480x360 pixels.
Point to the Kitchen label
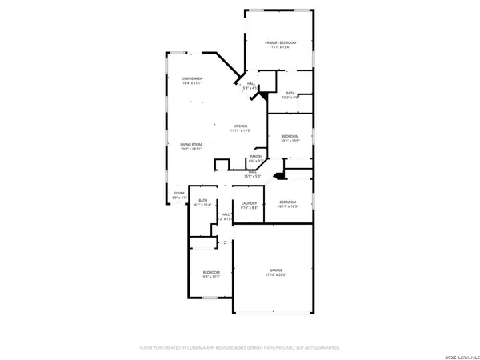(x=241, y=126)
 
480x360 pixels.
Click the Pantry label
(x=258, y=156)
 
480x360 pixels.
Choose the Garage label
(x=275, y=270)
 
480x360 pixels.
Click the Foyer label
(x=180, y=193)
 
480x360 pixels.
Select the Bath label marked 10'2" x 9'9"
(x=291, y=94)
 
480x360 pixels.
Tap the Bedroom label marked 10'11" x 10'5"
(x=287, y=201)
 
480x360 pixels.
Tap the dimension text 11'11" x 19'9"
(x=241, y=130)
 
